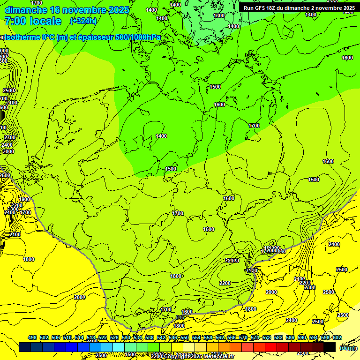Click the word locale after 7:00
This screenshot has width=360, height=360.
point(45,21)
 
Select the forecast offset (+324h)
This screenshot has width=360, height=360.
point(83,21)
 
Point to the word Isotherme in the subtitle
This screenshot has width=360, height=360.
point(20,37)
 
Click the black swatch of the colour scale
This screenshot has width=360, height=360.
point(330,347)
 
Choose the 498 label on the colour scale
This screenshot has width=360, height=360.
point(32,337)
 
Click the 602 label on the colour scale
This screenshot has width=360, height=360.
point(337,337)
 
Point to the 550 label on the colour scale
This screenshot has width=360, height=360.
point(185,337)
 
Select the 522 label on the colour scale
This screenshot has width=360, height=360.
point(103,337)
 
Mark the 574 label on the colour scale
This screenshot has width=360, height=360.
point(255,337)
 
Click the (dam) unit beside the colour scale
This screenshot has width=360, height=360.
point(347,348)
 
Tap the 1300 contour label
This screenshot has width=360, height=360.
point(219,15)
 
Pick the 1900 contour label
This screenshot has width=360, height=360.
point(24,199)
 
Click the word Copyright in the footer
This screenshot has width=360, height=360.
point(177,356)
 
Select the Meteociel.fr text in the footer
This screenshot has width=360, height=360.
point(218,356)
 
